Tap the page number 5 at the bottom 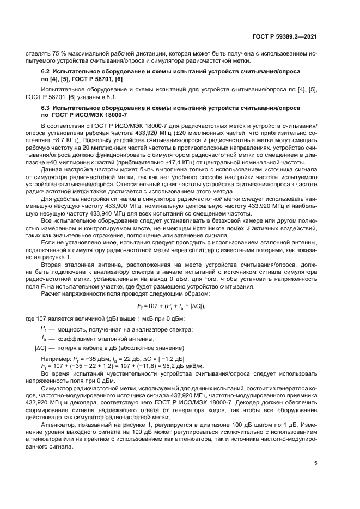(x=316, y=464)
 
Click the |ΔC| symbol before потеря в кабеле (x=41, y=348)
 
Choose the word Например (x=56, y=358)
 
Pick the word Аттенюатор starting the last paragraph (x=60, y=424)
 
